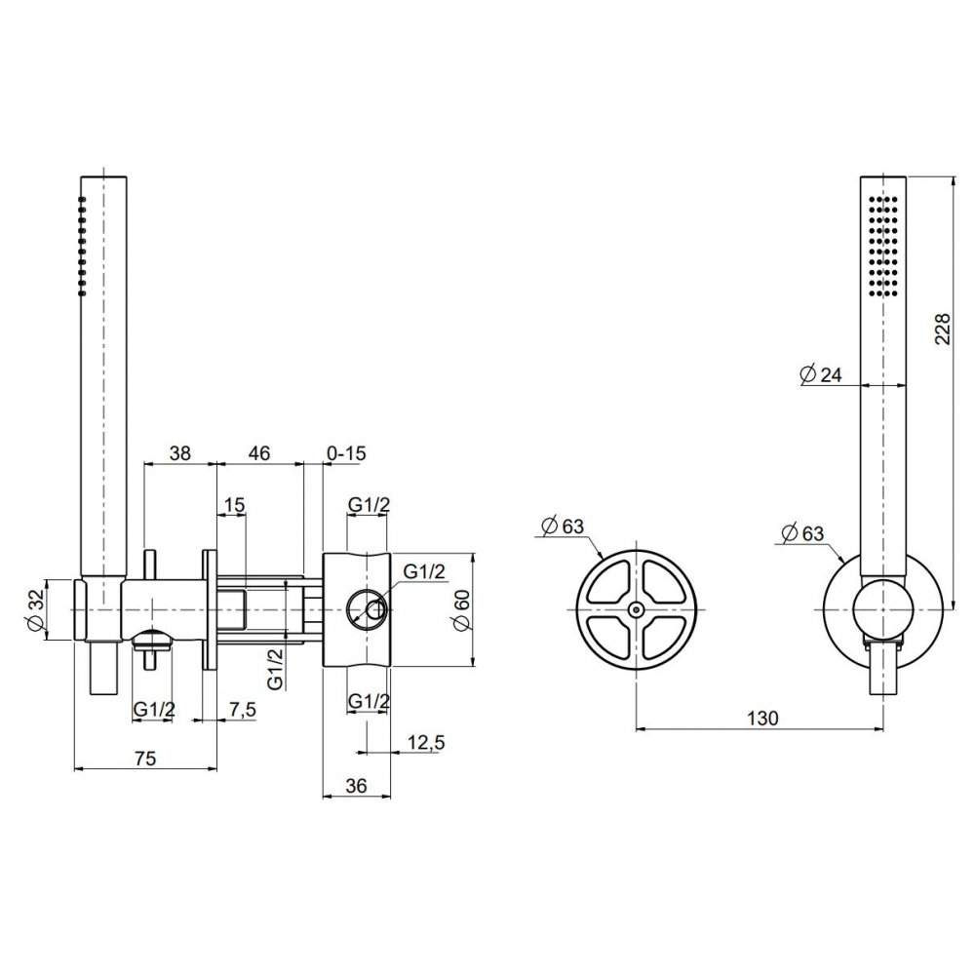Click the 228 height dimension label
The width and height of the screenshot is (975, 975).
tap(943, 329)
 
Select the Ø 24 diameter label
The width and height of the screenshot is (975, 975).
tap(821, 374)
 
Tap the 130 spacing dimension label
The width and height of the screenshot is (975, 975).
tap(762, 719)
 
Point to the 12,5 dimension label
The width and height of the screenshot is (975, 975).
tap(427, 742)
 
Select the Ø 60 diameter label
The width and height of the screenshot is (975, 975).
tap(462, 609)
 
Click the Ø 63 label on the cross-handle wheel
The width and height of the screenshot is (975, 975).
tap(564, 526)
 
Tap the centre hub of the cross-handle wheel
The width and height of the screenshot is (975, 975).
tap(636, 610)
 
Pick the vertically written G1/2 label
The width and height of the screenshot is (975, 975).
tap(275, 669)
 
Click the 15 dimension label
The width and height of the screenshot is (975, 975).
tap(234, 505)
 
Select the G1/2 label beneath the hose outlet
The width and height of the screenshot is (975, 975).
tap(154, 709)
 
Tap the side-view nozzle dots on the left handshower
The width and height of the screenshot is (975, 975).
tap(82, 246)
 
